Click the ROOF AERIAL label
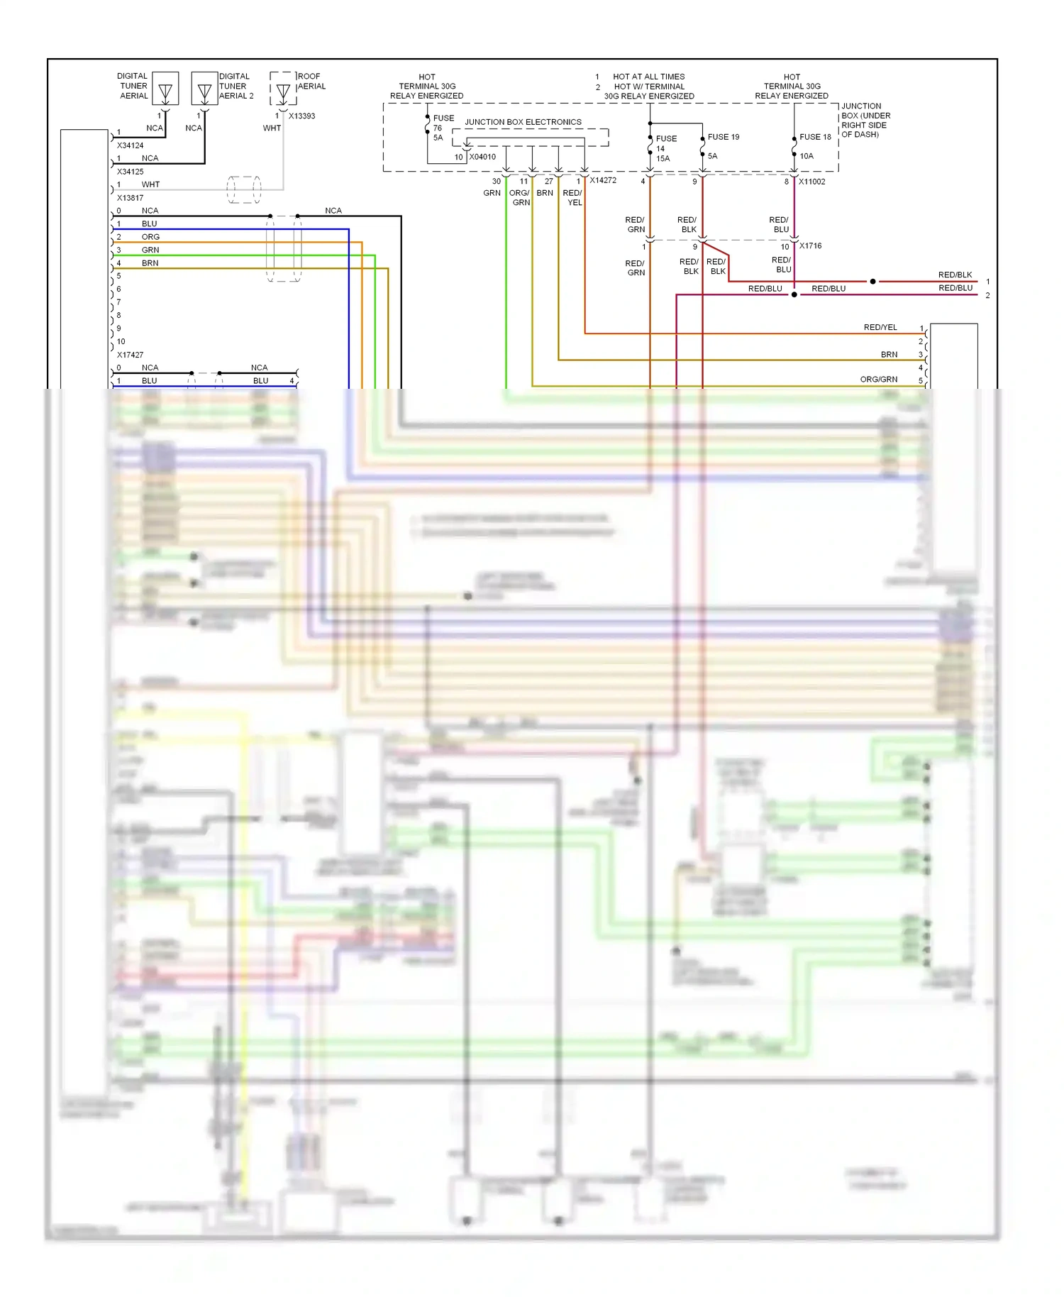tap(311, 81)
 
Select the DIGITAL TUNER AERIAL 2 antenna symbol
tap(205, 89)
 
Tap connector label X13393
tap(301, 116)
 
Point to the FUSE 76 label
tap(443, 118)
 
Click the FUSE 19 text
tap(723, 137)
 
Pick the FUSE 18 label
tap(815, 137)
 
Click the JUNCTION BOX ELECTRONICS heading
tap(523, 122)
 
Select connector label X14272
tap(603, 180)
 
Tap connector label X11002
tap(811, 182)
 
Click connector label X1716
tap(810, 245)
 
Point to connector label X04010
tap(482, 157)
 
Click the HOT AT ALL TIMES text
tap(648, 77)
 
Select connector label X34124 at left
tap(130, 145)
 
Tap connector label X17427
tap(130, 355)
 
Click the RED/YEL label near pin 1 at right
tap(880, 327)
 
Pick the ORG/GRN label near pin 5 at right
tap(878, 380)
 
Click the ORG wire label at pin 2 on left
tap(150, 237)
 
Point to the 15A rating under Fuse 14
tap(663, 158)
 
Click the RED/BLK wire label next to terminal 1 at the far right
tap(955, 275)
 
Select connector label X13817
tap(130, 198)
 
